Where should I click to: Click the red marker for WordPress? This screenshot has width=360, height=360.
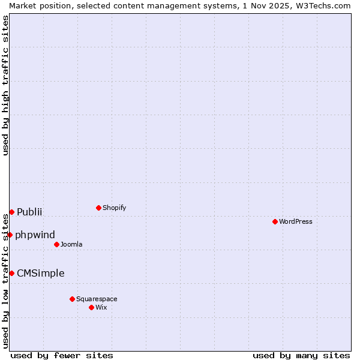click(275, 221)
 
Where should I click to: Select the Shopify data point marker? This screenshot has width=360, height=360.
click(98, 208)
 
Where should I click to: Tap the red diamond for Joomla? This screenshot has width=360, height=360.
click(56, 244)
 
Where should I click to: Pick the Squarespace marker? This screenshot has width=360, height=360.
click(72, 299)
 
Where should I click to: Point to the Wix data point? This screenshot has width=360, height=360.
click(91, 307)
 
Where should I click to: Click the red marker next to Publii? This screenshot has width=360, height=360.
click(11, 212)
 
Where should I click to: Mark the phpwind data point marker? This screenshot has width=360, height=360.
click(10, 235)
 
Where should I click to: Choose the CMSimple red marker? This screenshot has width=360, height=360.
click(11, 273)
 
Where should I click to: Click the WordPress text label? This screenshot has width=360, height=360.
click(296, 221)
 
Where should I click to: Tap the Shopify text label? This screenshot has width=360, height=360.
click(114, 208)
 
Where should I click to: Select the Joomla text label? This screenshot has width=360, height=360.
click(71, 244)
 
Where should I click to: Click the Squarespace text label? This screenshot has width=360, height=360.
click(97, 299)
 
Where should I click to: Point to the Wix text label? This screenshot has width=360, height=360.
click(101, 307)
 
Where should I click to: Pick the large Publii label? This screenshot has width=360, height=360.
click(29, 212)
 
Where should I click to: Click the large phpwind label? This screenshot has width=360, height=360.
click(35, 235)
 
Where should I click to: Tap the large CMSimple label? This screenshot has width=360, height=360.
click(40, 273)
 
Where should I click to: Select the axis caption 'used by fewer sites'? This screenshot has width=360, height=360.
click(62, 355)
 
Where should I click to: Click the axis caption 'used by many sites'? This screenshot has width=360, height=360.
click(301, 355)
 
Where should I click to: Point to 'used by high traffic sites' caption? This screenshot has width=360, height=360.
click(5, 86)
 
